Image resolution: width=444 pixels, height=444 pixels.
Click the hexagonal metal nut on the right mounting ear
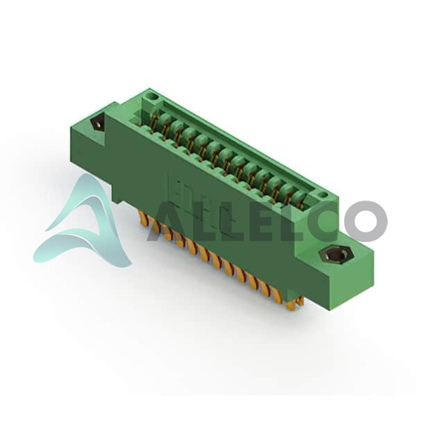[335, 254]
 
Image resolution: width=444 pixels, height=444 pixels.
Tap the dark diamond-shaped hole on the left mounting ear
[97, 124]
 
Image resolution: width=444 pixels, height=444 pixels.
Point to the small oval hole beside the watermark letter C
[322, 195]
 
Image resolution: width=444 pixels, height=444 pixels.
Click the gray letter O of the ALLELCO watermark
[366, 221]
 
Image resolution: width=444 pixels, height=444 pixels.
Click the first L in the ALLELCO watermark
[206, 222]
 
